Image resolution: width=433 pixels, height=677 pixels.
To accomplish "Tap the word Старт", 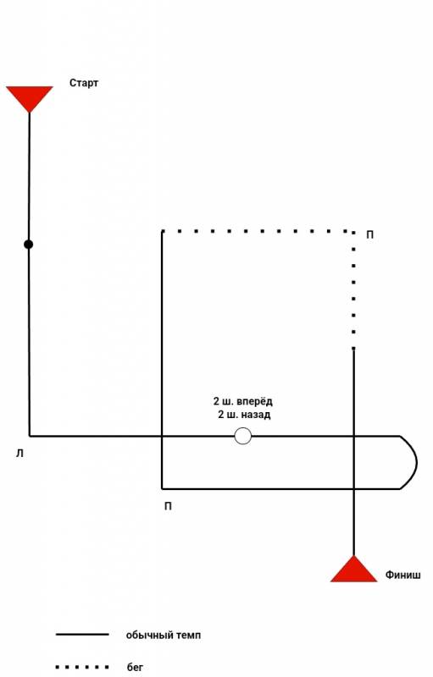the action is [x=84, y=83].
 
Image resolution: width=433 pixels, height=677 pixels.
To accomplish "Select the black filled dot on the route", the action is [x=29, y=245].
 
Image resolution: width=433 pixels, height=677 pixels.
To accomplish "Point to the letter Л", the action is [x=19, y=454].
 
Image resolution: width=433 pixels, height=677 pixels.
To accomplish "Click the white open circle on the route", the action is [x=243, y=436].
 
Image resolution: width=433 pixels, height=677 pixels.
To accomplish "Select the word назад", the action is [x=255, y=415].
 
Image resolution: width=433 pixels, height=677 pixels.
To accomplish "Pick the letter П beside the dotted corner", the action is [x=370, y=235].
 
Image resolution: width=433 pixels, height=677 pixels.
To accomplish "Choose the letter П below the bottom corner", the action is [x=168, y=506].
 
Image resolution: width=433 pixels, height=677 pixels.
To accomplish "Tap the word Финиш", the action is [x=402, y=575].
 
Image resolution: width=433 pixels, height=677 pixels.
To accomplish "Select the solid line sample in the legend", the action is [x=82, y=634].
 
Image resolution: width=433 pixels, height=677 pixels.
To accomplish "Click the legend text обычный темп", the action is [x=164, y=636].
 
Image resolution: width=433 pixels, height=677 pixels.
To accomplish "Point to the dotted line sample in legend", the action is [x=82, y=667].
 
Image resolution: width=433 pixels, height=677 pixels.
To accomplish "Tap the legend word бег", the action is [x=135, y=668].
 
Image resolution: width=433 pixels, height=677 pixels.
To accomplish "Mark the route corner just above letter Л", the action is [x=30, y=436].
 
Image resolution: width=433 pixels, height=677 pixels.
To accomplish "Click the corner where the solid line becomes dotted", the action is [x=162, y=232].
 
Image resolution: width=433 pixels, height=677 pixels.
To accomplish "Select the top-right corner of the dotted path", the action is [x=353, y=232].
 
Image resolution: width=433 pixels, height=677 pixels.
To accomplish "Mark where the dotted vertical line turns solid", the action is [x=353, y=349].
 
